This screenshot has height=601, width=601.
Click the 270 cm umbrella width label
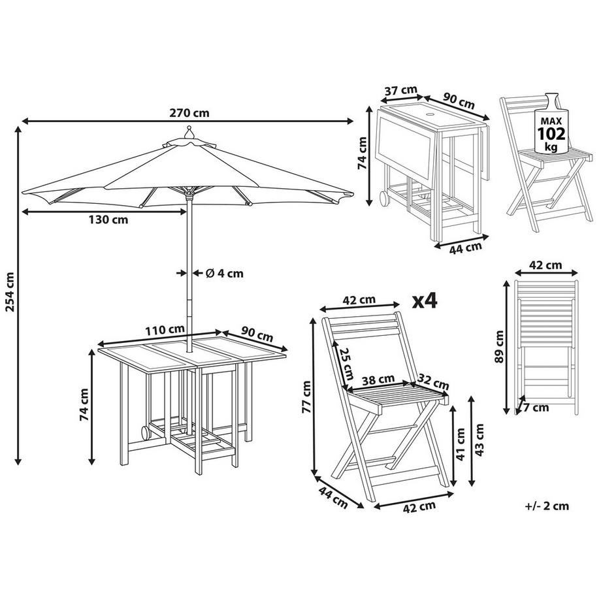click(189, 112)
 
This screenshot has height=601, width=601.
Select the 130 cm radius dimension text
click(109, 219)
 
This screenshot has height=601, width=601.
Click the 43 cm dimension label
click(482, 441)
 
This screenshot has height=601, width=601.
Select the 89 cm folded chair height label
click(500, 346)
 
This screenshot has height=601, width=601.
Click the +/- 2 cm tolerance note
click(546, 505)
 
